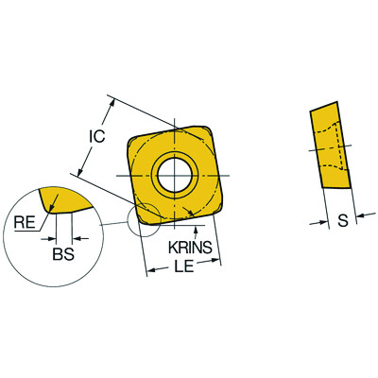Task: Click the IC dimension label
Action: click(x=96, y=135)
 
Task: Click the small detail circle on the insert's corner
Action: click(x=143, y=219)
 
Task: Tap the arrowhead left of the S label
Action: click(x=323, y=222)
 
